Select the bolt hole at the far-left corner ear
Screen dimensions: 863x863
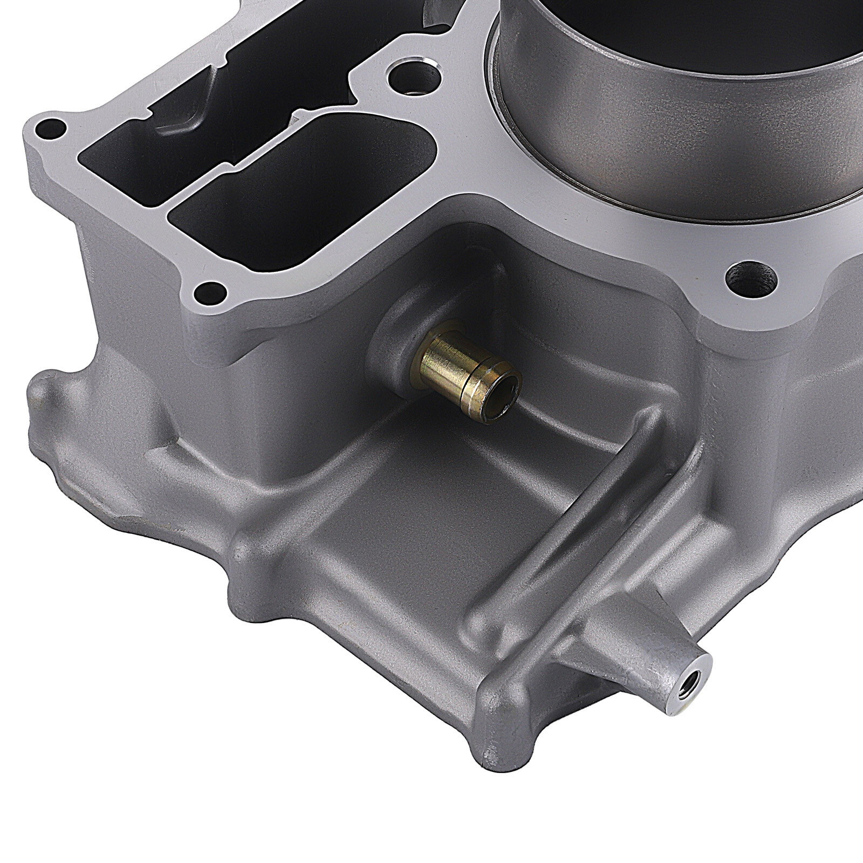tap(50, 129)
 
